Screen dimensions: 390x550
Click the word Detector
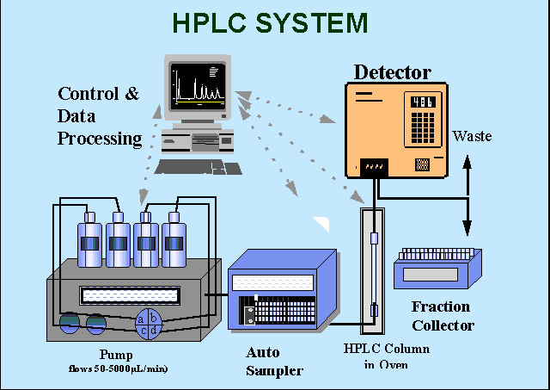[392, 72]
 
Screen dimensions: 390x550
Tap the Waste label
[473, 136]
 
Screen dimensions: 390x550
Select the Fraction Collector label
[442, 316]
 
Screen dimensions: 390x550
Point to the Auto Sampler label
[274, 362]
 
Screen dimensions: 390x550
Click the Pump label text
[117, 354]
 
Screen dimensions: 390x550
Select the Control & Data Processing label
[99, 115]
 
